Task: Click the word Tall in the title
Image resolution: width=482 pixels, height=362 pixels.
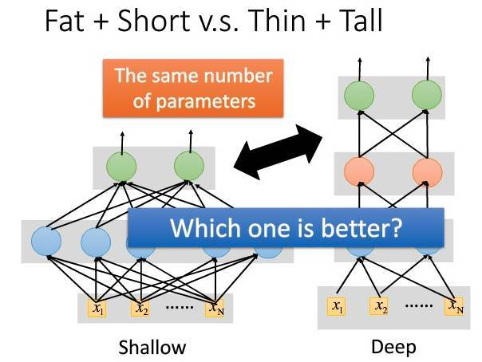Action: [355, 22]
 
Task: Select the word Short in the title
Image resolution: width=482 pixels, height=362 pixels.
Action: [156, 22]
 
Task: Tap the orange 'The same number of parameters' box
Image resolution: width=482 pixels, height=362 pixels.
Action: [194, 89]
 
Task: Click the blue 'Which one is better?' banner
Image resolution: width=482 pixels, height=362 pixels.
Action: [286, 229]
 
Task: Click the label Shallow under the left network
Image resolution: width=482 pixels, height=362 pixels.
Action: [152, 347]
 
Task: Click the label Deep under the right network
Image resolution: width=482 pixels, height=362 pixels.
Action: [393, 347]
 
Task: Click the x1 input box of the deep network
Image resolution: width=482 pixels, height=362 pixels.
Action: [338, 306]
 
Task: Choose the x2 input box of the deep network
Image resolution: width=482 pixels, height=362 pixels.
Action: [381, 306]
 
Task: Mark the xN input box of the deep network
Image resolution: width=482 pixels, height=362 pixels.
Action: [455, 306]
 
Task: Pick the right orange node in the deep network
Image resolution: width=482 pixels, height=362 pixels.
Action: [428, 171]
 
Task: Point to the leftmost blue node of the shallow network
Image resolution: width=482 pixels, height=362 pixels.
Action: [46, 241]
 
